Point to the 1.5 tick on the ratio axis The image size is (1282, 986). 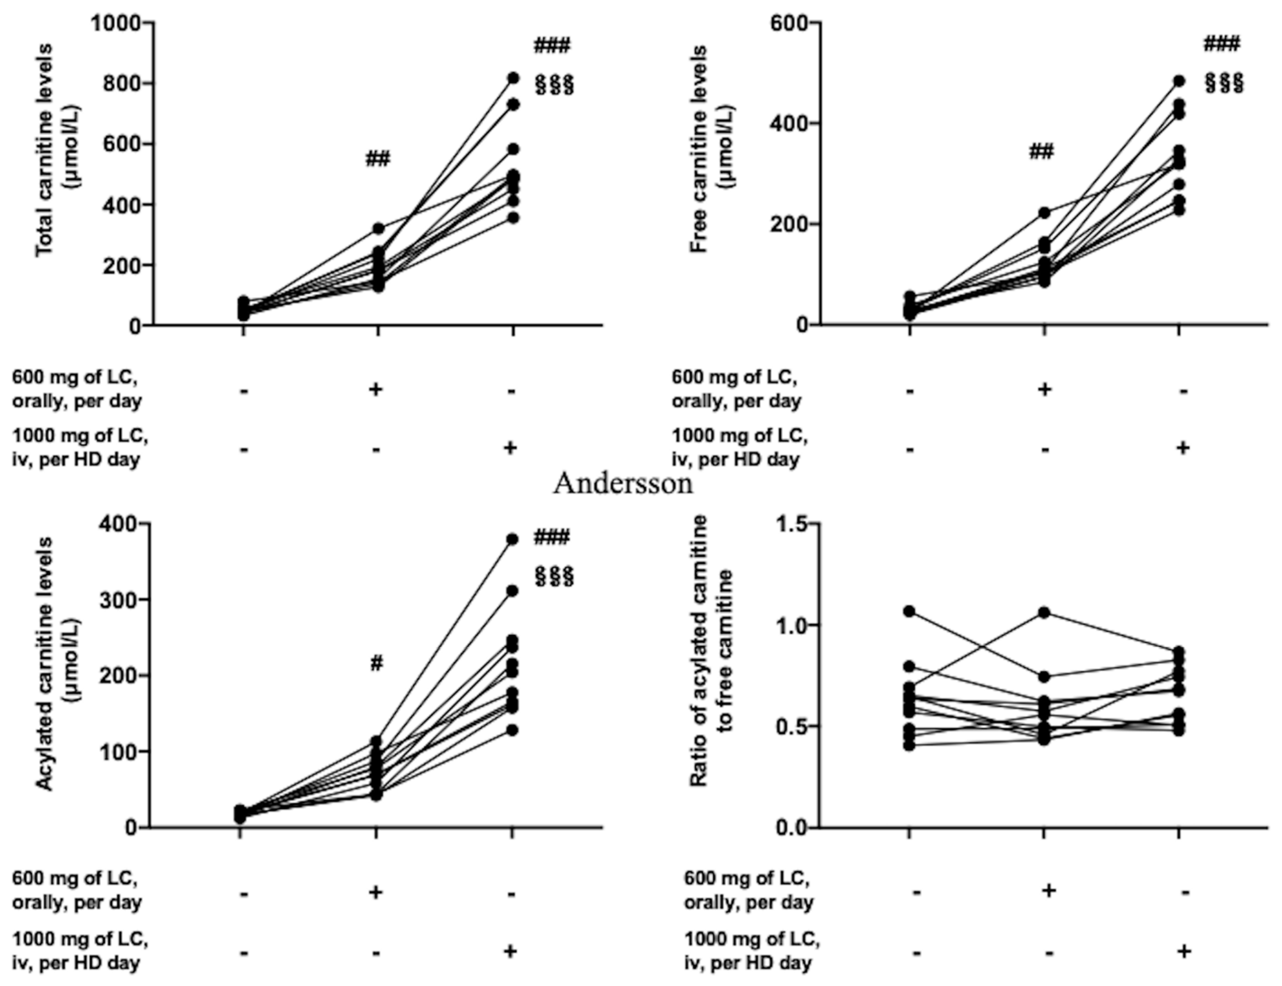point(788,524)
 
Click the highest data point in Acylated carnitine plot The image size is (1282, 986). point(513,539)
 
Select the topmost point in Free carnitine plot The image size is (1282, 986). point(1179,81)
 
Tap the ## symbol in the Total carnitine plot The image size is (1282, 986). point(377,159)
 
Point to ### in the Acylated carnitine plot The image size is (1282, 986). point(551,537)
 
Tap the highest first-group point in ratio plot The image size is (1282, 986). point(909,612)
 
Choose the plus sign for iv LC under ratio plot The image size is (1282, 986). point(1184,950)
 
